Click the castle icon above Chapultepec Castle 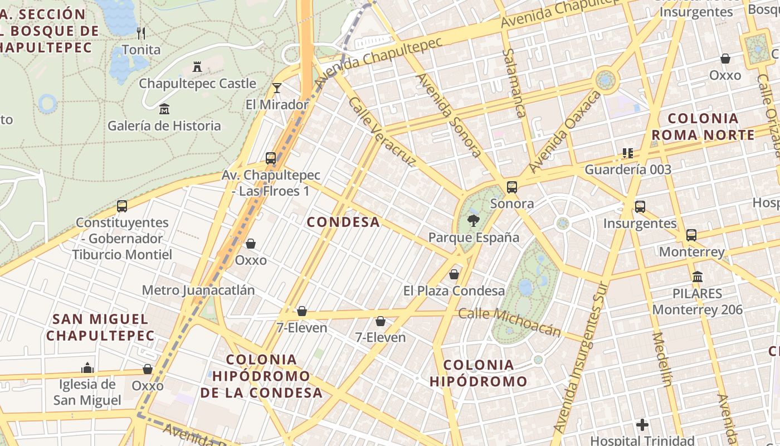pos(197,67)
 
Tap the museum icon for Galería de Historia pos(164,109)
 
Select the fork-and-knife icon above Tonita pos(141,33)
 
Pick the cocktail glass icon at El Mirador pos(276,88)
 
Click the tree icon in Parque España pos(473,220)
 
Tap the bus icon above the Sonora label pos(511,187)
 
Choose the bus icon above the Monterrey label pos(691,235)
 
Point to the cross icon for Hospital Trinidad pos(642,425)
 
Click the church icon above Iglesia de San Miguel pos(87,368)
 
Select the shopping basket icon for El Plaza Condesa pos(454,274)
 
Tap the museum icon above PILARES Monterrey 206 pos(697,277)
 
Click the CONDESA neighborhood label pos(343,222)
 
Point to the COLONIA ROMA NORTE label pos(703,127)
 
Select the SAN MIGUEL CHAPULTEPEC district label pos(100,327)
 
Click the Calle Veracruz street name pos(382,132)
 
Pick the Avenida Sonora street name pos(449,114)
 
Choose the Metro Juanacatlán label pos(198,290)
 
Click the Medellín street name pos(662,359)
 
